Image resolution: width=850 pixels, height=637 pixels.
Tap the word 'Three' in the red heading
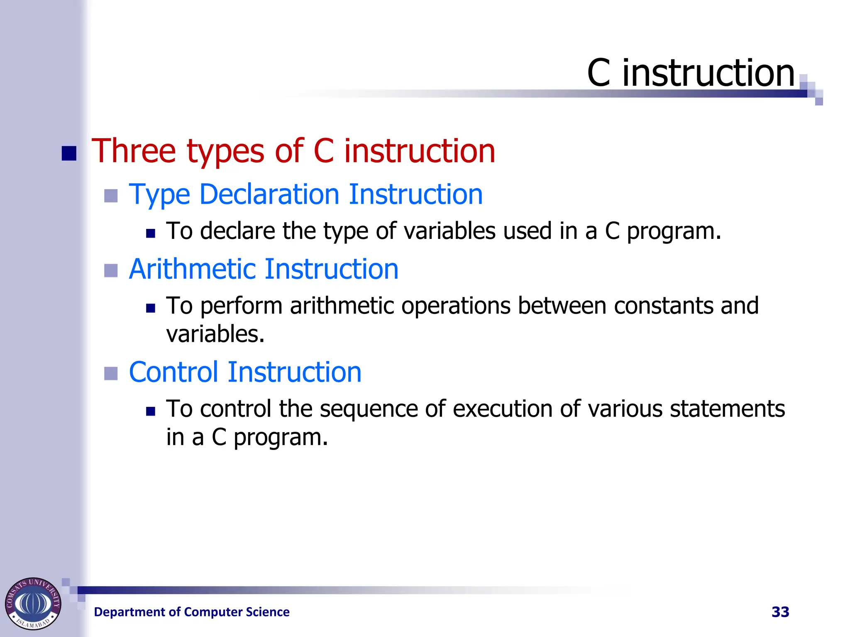(x=134, y=151)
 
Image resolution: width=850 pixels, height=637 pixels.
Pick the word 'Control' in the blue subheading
(x=173, y=372)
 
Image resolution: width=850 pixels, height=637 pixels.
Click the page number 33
(x=780, y=612)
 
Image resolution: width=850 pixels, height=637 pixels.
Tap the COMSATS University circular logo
(x=33, y=603)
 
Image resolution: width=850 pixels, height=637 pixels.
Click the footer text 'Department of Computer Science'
(x=192, y=612)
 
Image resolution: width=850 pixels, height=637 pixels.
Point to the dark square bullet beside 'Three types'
(x=69, y=153)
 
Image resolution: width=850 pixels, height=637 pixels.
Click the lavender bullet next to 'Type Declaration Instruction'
(x=111, y=196)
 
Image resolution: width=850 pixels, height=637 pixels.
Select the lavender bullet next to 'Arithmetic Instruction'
(x=111, y=271)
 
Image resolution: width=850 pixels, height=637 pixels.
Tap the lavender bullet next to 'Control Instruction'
(x=111, y=374)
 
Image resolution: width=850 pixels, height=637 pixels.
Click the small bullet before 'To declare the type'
(x=151, y=233)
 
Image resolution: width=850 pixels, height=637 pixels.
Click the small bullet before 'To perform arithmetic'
(x=151, y=308)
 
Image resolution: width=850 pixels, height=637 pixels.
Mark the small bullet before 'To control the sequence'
(x=151, y=411)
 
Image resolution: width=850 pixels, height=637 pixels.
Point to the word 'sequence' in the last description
(x=368, y=409)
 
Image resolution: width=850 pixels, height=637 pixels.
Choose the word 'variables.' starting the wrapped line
(x=215, y=334)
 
